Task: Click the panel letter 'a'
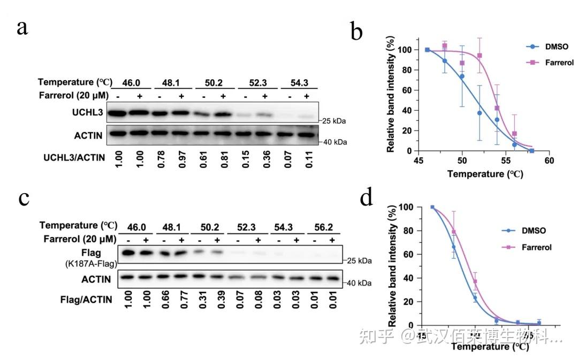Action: [x=22, y=27]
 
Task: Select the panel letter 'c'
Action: [x=23, y=198]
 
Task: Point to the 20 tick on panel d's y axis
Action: [x=409, y=302]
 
